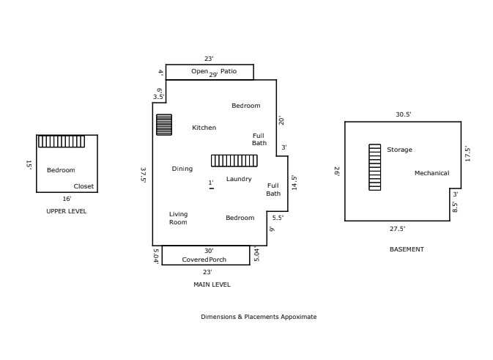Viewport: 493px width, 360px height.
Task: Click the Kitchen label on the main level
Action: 204,128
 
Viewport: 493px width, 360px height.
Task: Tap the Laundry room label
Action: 239,179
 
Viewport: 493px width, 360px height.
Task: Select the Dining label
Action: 182,169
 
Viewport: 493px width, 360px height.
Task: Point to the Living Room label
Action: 178,218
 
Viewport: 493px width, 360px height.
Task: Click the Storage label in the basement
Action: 399,150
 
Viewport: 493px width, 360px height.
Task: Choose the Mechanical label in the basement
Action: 431,173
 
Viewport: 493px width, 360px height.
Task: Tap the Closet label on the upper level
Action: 84,186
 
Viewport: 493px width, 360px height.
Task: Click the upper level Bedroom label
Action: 61,170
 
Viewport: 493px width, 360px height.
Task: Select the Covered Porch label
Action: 204,260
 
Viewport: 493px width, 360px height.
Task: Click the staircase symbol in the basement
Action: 374,167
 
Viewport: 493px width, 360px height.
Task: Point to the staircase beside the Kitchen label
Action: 164,125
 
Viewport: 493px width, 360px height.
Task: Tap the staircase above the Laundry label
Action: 234,161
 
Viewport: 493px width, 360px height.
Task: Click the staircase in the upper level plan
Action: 62,142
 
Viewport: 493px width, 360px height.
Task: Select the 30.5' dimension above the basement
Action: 403,114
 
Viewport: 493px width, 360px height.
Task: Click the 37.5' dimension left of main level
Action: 144,175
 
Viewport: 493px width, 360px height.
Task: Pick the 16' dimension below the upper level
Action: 67,199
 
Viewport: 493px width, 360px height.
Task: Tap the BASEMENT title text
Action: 406,249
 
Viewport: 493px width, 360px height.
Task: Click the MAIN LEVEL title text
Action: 211,284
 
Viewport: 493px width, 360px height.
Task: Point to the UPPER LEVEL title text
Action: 66,211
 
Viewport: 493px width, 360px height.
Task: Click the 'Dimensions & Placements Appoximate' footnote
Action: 259,317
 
